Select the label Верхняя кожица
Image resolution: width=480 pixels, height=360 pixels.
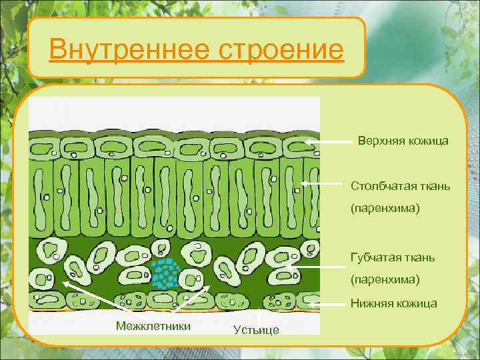403,141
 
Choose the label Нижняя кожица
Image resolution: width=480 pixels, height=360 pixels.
394,303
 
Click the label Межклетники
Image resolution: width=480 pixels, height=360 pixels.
153,325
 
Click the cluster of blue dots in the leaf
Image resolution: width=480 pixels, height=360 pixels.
164,273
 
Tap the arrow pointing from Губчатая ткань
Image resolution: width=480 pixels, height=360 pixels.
313,267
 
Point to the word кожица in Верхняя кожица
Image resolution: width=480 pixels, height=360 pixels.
427,141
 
